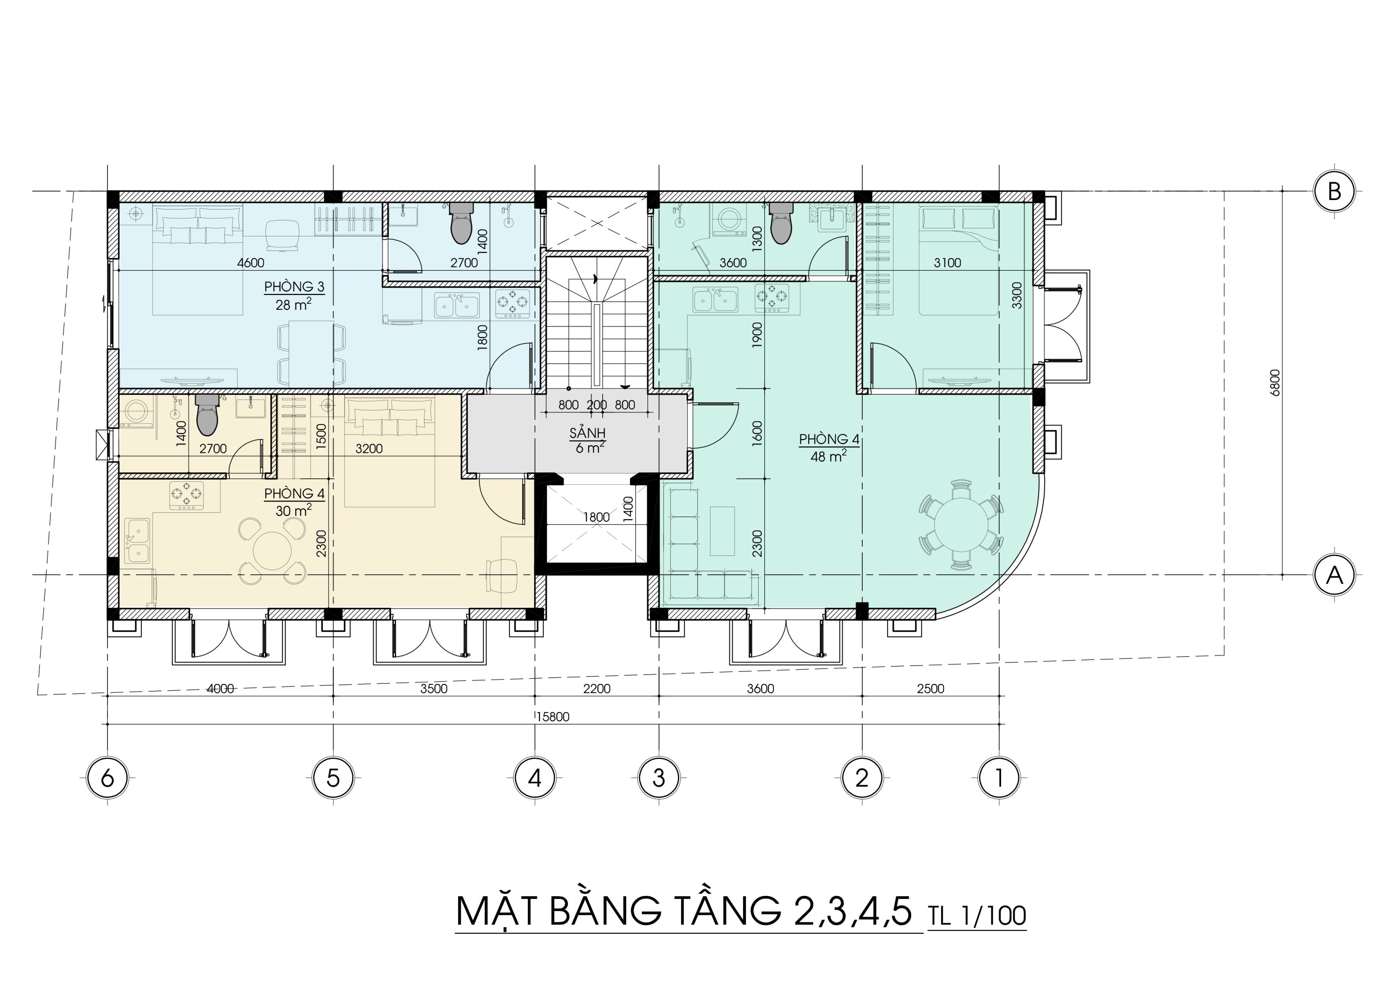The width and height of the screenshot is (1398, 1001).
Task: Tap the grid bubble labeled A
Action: (1334, 575)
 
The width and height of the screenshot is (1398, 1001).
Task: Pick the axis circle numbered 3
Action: (659, 778)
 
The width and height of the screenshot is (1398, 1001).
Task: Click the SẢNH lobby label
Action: (588, 433)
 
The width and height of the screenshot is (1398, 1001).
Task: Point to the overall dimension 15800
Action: (552, 716)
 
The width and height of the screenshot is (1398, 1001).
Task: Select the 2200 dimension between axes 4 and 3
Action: (597, 689)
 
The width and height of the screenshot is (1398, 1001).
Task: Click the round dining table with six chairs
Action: (960, 524)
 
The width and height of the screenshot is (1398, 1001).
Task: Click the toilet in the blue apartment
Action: (463, 223)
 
